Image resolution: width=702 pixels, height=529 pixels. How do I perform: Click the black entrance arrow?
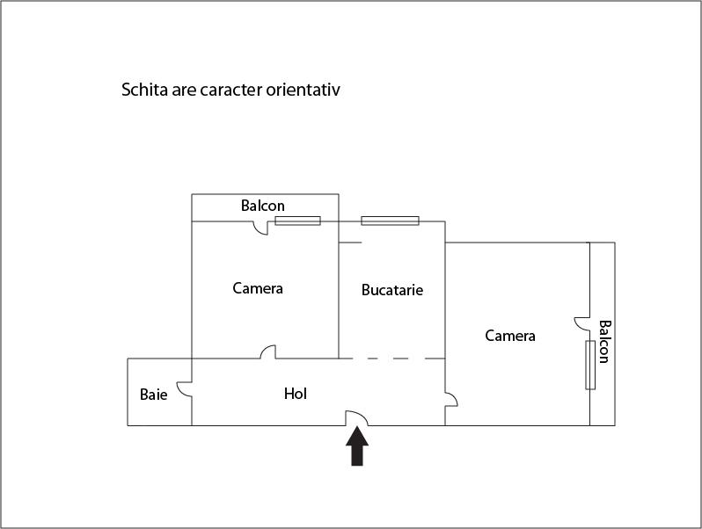coord(357,446)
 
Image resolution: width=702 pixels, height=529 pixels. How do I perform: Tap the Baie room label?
coord(154,395)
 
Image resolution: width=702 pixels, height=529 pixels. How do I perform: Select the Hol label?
coord(296,394)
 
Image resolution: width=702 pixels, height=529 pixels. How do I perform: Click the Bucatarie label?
coord(392,290)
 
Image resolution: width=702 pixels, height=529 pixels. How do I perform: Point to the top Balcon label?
coord(263,206)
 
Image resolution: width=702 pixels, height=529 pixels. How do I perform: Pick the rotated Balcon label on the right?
coord(604,342)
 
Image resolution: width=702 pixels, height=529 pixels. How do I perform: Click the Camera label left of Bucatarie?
coord(258,288)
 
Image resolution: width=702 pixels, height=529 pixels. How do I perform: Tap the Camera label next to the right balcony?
coord(510,336)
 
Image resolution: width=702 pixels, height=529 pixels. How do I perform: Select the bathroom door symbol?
coord(185,389)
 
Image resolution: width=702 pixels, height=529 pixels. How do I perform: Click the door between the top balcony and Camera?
coord(261,228)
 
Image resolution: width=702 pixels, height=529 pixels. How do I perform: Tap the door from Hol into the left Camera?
coord(268,351)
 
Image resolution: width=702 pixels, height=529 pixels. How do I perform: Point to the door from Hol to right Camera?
coord(451,399)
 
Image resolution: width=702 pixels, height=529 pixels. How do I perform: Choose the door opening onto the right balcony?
coord(582,323)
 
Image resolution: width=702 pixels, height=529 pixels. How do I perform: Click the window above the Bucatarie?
coord(390,221)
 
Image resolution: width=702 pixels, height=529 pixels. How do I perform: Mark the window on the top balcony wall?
coord(297,221)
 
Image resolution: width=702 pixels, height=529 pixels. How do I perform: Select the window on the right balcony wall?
coord(590,365)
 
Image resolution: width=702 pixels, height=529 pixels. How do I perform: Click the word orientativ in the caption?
coord(303,90)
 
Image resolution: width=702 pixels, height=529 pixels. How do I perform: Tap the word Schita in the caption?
coord(144,90)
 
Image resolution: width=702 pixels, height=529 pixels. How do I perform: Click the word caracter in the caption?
coord(230,90)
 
